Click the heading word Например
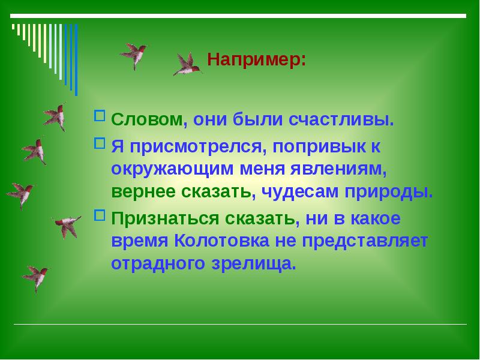click(256, 61)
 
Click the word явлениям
click(343, 169)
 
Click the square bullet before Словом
click(100, 115)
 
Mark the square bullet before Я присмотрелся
click(100, 143)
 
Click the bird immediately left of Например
click(187, 64)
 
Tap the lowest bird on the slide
click(37, 277)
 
